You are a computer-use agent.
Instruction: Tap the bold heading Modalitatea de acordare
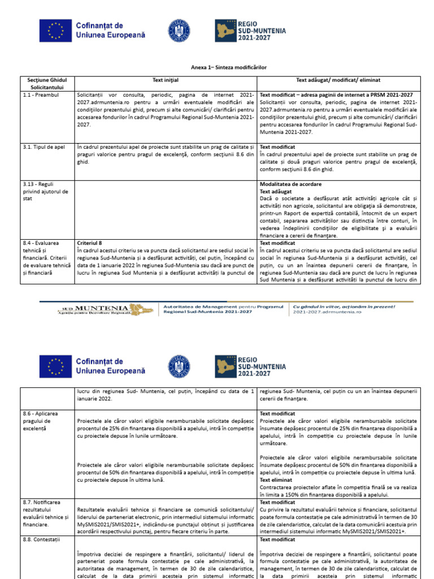pyautogui.click(x=290, y=184)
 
